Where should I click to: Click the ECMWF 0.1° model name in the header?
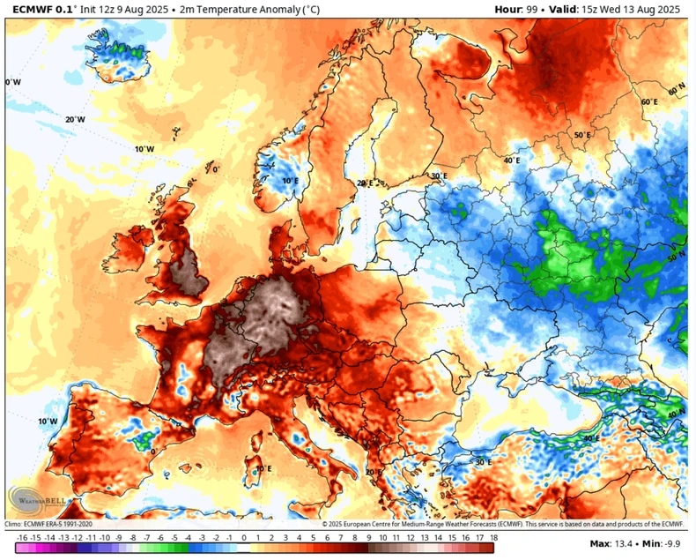pyautogui.click(x=41, y=9)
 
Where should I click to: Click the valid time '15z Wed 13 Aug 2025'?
pyautogui.click(x=633, y=9)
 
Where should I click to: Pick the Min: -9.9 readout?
pyautogui.click(x=665, y=544)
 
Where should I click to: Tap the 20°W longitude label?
pyautogui.click(x=75, y=119)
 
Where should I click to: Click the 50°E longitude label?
pyautogui.click(x=582, y=136)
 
